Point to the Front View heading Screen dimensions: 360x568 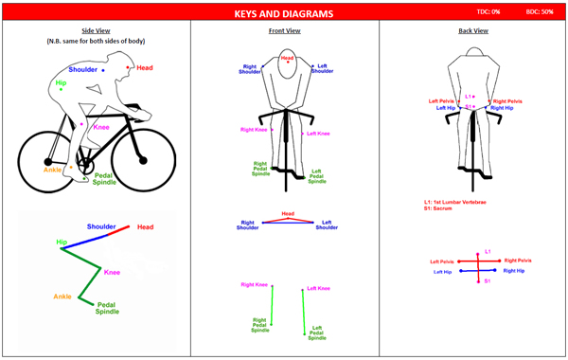coord(283,30)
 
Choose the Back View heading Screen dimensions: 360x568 coord(472,30)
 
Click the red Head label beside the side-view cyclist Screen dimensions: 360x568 coord(145,67)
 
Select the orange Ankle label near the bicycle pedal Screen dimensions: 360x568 coord(53,170)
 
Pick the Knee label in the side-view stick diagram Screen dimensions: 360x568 coord(112,273)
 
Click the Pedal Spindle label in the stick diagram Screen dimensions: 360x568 coord(107,308)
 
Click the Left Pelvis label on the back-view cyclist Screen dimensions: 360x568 coord(442,101)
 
